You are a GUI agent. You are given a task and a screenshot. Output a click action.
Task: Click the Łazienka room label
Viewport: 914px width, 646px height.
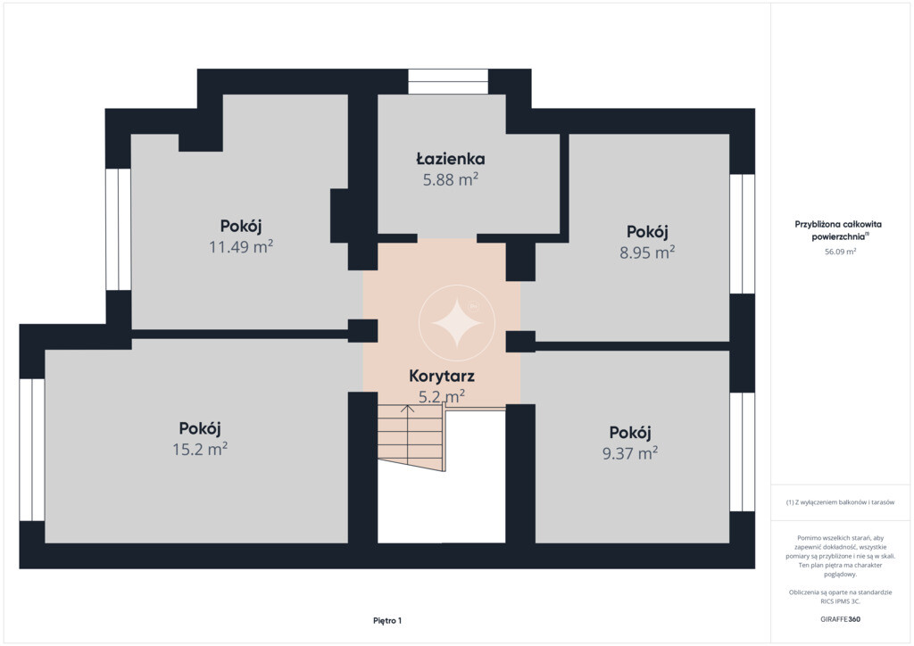(450, 159)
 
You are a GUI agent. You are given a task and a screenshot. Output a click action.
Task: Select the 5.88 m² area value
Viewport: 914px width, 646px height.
(451, 179)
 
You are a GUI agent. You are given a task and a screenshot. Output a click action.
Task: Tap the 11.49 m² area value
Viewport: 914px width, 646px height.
(241, 246)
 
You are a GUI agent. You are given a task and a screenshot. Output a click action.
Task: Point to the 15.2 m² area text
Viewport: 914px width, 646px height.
(200, 449)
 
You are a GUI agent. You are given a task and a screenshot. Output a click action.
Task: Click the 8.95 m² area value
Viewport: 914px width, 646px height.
(647, 253)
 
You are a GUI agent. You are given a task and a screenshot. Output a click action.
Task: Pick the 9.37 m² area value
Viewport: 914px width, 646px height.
(630, 453)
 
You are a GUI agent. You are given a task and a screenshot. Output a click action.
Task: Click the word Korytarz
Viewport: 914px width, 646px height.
(441, 376)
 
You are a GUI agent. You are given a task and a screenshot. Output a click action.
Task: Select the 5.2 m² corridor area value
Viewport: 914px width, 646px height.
(441, 397)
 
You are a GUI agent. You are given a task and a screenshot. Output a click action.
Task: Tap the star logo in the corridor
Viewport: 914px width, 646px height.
(456, 323)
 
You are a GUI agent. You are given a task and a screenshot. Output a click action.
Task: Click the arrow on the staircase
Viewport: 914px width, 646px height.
(407, 432)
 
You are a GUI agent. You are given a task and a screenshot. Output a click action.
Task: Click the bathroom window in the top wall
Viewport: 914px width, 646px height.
(448, 81)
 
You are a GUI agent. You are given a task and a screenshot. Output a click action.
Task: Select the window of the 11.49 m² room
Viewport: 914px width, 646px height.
(119, 229)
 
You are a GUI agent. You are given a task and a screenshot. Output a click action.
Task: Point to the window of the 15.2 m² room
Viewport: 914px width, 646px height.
(32, 450)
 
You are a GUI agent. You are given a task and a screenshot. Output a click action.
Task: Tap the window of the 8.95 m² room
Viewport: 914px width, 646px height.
(742, 234)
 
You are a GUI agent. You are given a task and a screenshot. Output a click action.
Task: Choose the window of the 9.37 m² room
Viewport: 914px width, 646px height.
(742, 452)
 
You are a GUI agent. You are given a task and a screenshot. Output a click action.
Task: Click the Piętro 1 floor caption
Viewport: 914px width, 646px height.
(387, 620)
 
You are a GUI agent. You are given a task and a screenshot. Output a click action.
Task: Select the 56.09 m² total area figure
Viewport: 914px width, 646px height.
(840, 252)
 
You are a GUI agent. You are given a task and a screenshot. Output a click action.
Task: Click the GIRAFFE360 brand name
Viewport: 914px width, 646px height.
(840, 619)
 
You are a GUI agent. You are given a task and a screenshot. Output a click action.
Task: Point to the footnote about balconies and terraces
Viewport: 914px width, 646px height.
(840, 501)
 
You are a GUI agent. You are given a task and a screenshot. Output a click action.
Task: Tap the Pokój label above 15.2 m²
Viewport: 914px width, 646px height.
(200, 428)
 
